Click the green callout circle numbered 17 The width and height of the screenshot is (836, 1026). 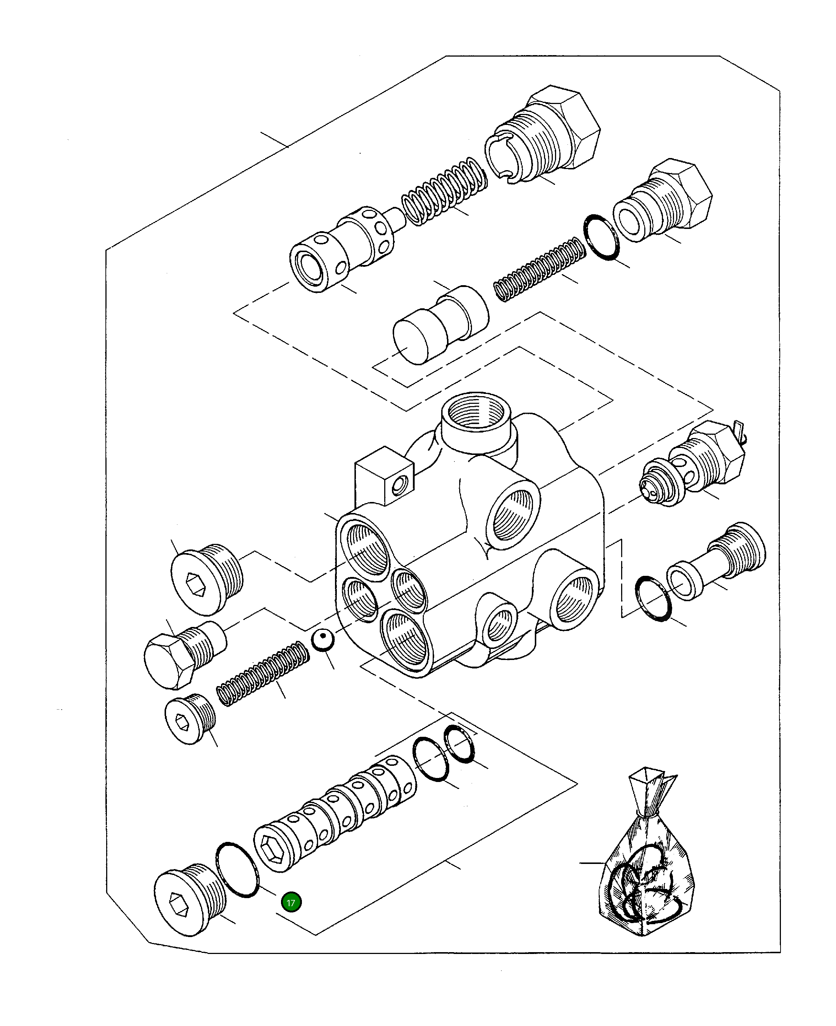pos(291,903)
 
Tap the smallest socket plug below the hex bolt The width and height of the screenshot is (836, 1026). pos(189,721)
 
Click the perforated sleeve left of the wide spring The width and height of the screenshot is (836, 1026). pos(342,249)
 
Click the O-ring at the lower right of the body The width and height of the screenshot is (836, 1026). pos(653,598)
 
